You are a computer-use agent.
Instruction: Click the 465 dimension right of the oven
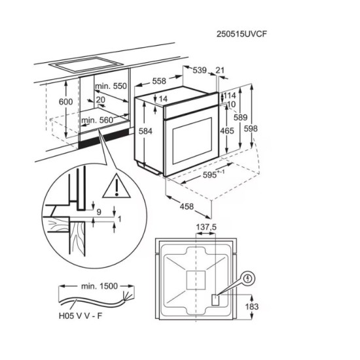226,131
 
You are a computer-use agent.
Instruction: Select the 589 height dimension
242,118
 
